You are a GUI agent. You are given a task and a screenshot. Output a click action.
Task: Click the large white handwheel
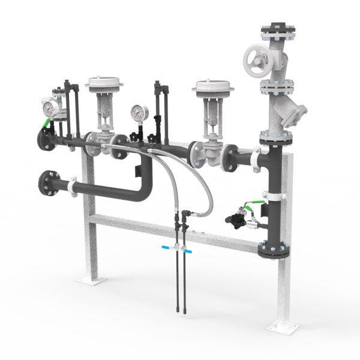point(257,60)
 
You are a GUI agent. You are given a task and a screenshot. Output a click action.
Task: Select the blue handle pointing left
point(166,247)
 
